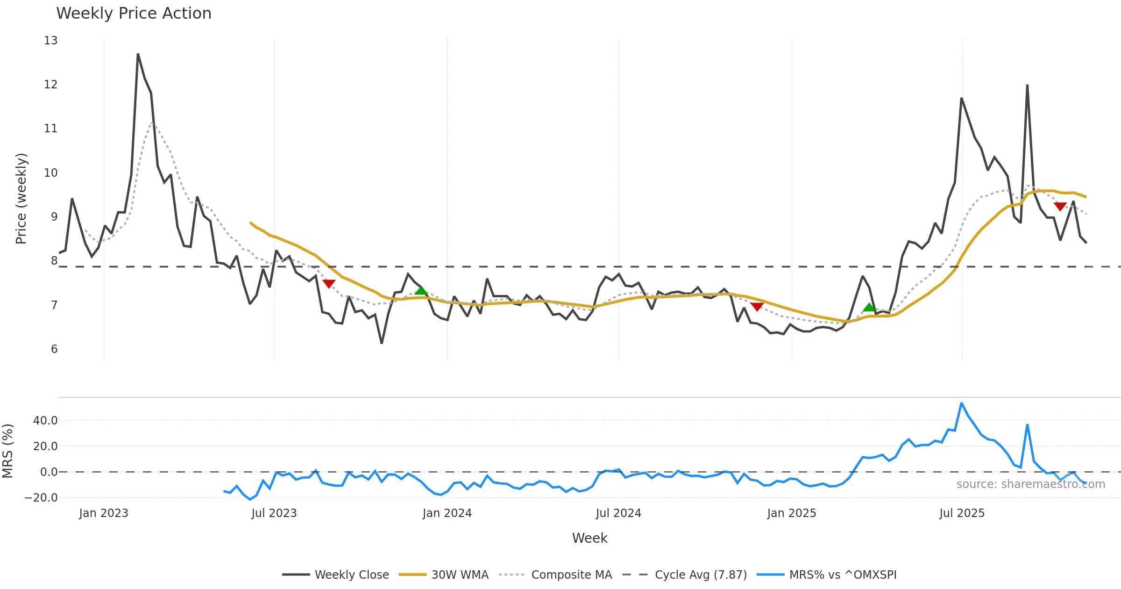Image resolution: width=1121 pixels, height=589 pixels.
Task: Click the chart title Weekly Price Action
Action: click(x=134, y=14)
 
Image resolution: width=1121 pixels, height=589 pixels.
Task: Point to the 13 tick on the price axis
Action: click(x=51, y=41)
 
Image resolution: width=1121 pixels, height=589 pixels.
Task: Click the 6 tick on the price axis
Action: click(x=54, y=349)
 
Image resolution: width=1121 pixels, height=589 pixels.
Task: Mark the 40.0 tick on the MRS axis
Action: click(x=45, y=421)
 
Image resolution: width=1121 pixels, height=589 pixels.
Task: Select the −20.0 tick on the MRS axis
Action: click(x=41, y=498)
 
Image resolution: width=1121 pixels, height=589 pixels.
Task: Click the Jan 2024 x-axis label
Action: click(x=447, y=513)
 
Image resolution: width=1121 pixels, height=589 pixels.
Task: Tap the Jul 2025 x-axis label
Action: click(x=962, y=513)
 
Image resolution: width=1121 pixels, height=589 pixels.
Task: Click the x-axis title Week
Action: click(x=589, y=539)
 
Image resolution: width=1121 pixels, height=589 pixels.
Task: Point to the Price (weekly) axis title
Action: click(x=21, y=199)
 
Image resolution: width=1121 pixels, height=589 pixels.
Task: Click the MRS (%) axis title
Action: click(x=7, y=451)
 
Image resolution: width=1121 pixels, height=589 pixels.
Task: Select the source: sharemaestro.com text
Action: click(x=1030, y=484)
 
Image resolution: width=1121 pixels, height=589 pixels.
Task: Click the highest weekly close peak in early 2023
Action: click(x=138, y=54)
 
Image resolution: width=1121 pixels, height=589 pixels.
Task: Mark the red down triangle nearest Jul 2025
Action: click(x=1060, y=206)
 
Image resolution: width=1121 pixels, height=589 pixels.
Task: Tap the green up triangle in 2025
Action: click(x=869, y=307)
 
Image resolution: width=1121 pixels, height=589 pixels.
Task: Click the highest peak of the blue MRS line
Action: click(x=961, y=403)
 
